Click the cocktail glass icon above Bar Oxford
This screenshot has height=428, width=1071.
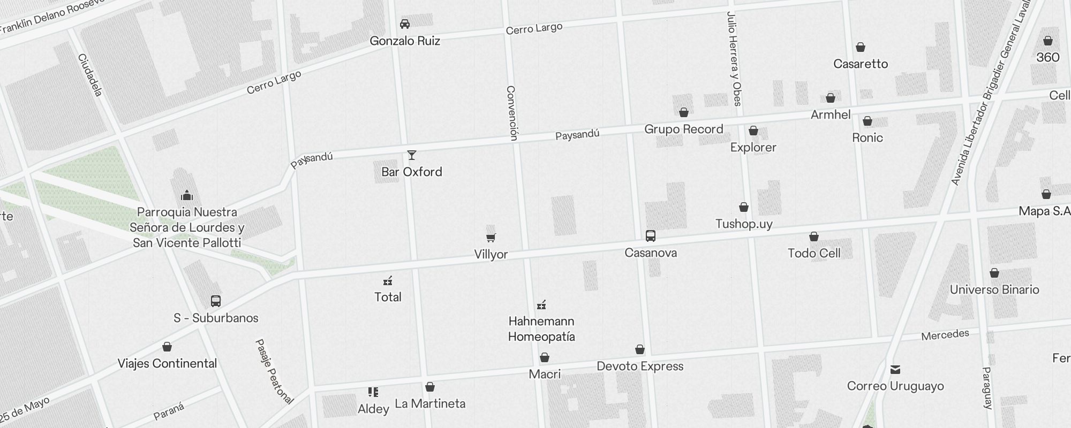tap(412, 156)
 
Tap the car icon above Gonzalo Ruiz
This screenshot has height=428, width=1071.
tap(405, 24)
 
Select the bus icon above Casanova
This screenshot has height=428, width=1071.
tap(651, 236)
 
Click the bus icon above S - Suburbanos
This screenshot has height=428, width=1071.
tap(216, 301)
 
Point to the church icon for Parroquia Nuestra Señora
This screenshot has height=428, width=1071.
tap(187, 195)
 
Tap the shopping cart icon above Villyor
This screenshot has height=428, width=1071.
tap(491, 238)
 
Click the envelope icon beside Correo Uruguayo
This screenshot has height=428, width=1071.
tap(895, 370)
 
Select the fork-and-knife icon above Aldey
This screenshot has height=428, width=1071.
tap(373, 393)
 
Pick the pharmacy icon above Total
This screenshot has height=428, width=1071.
tap(388, 281)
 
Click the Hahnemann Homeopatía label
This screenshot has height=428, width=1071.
tap(541, 329)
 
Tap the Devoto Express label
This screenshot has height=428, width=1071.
tap(640, 366)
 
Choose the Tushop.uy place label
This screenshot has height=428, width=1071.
tap(744, 224)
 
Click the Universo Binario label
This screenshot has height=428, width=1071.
tap(994, 289)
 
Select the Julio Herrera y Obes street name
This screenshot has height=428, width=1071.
tap(734, 59)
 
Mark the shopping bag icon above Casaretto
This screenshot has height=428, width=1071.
tap(861, 48)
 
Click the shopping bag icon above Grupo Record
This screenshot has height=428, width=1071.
tap(684, 113)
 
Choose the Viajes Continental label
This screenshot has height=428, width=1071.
tap(167, 364)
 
